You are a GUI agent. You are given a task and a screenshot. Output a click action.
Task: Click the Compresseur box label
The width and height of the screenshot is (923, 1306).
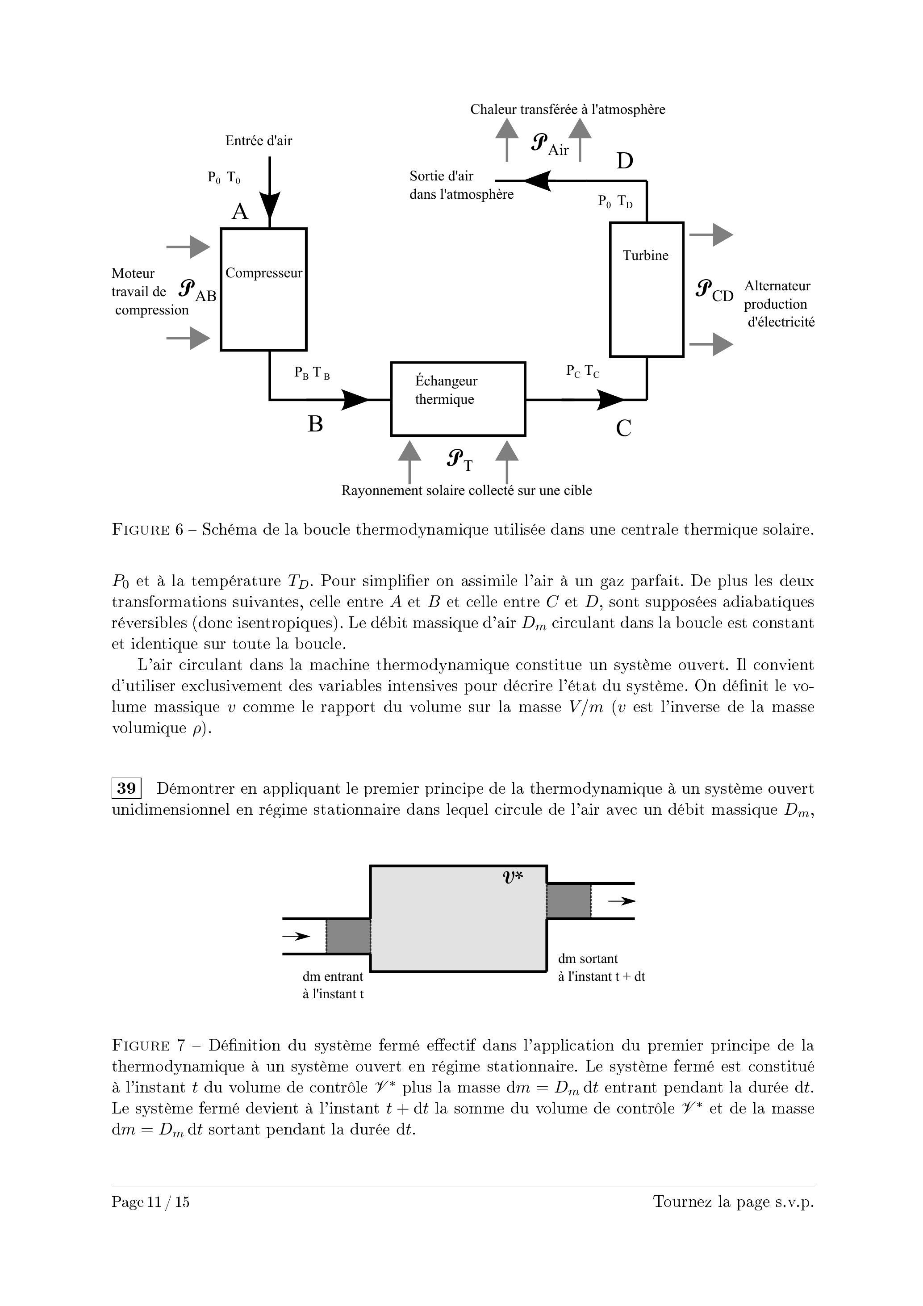click(263, 273)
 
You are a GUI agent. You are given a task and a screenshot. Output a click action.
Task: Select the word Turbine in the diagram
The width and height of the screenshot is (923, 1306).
click(645, 255)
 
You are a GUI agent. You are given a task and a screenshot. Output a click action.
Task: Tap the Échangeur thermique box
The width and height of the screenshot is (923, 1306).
click(458, 398)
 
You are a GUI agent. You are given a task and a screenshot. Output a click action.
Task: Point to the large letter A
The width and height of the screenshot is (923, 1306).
click(240, 212)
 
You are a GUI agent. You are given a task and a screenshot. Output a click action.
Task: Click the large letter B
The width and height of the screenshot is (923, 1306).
click(315, 424)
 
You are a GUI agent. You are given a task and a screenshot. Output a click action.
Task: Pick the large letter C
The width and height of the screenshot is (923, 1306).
click(623, 428)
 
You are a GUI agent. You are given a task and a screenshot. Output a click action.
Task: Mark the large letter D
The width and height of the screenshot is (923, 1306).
click(624, 162)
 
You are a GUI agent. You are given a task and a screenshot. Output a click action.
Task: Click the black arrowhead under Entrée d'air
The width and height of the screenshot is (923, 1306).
click(270, 204)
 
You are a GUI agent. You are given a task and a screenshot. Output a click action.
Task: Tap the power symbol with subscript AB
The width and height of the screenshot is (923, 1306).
click(196, 291)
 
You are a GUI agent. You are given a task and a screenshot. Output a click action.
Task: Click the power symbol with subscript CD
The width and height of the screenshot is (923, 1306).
click(714, 291)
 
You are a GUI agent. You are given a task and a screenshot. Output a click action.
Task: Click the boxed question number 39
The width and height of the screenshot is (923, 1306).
click(126, 788)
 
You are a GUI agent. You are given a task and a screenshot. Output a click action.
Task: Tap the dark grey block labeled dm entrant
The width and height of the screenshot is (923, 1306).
click(348, 936)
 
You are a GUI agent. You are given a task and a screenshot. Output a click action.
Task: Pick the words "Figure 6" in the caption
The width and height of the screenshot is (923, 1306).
click(147, 530)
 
